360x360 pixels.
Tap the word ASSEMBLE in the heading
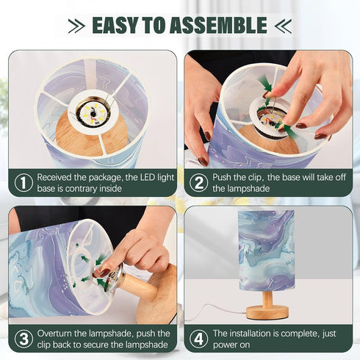pyautogui.click(x=218, y=25)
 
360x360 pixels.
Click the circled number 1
pyautogui.click(x=24, y=183)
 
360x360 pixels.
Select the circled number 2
pyautogui.click(x=199, y=183)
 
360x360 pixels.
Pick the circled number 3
pyautogui.click(x=24, y=339)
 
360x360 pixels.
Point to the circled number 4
pyautogui.click(x=199, y=339)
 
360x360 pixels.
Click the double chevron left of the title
pyautogui.click(x=76, y=26)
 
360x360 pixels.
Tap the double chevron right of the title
pyautogui.click(x=283, y=26)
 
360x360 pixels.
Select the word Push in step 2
pyautogui.click(x=223, y=177)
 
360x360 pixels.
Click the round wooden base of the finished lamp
pyautogui.click(x=267, y=312)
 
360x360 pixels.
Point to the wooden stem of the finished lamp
pyautogui.click(x=267, y=298)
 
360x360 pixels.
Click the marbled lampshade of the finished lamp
pyautogui.click(x=266, y=251)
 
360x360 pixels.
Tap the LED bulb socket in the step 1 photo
pyautogui.click(x=93, y=112)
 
